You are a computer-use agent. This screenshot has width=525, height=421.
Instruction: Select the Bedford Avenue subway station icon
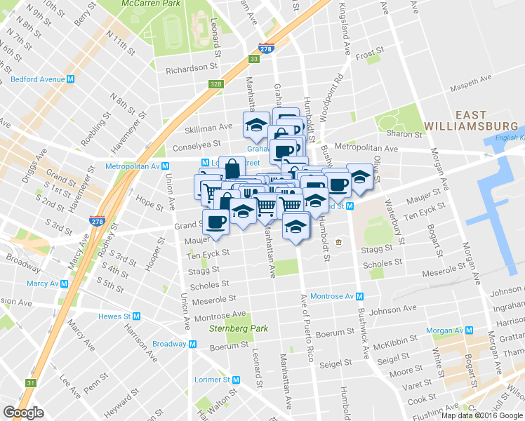72,79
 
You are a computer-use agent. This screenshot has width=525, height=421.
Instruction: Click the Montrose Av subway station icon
359,296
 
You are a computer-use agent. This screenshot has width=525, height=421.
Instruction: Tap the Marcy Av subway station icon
64,284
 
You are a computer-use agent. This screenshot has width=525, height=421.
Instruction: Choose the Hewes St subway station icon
137,316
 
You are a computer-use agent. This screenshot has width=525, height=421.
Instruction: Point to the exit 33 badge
254,60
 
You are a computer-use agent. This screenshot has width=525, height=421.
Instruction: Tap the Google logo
24,413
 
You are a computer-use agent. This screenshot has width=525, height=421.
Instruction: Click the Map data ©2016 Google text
482,415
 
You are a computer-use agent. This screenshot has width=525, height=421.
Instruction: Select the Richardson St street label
192,69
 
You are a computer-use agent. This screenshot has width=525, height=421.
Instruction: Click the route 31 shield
30,383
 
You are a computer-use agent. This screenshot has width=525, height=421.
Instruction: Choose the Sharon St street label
405,133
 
